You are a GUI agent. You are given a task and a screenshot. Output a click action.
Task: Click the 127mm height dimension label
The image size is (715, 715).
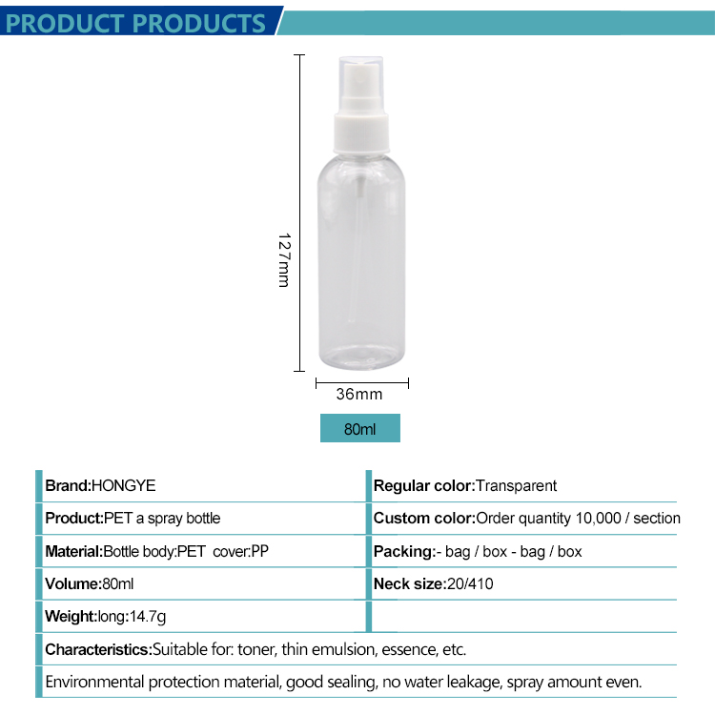tap(284, 260)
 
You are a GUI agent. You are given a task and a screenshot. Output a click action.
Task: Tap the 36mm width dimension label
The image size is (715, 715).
tap(359, 394)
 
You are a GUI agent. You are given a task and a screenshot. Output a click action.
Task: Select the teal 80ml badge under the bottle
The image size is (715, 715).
tap(360, 428)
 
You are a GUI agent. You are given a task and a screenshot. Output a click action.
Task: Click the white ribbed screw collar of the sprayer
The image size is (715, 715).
tap(361, 133)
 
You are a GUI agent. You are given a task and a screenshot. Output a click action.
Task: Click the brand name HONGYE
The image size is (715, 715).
tap(124, 485)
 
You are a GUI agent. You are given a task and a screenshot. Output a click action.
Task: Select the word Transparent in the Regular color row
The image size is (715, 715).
tap(516, 486)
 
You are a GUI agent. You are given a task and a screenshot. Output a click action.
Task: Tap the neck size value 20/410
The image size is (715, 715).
tap(470, 584)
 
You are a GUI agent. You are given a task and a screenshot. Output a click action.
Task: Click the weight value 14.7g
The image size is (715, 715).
tap(148, 617)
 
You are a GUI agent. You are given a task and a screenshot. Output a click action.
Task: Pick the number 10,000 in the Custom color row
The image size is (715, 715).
tap(599, 519)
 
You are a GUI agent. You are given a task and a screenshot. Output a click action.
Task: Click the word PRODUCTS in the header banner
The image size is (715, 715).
tap(199, 24)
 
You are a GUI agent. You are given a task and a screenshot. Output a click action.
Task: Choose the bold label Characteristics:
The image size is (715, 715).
tap(98, 649)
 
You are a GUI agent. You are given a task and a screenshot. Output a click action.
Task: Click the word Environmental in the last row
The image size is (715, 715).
tap(94, 683)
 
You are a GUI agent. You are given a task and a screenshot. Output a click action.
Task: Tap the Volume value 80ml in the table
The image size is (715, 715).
tap(118, 584)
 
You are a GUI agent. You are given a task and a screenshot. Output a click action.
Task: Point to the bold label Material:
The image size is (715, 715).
tap(74, 551)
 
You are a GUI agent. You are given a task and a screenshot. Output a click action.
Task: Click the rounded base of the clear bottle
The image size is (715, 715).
tap(361, 357)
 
